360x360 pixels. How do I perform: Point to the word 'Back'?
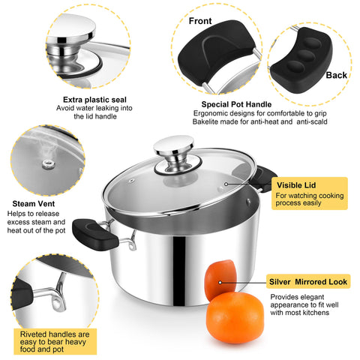pos(336,75)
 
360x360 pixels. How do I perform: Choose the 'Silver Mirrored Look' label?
pos(308,282)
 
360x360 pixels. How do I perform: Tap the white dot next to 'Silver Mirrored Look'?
pos(220,282)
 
